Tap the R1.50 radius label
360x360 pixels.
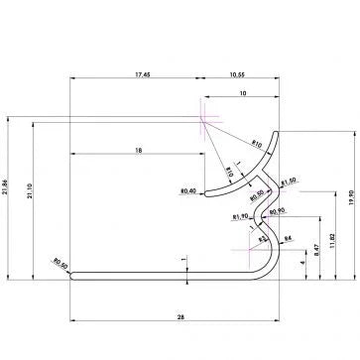pos(288,181)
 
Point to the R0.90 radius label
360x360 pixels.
pos(277,209)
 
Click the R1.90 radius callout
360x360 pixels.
pos(240,216)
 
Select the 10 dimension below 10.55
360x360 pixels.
pos(244,93)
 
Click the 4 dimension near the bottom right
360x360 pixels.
pos(302,263)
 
